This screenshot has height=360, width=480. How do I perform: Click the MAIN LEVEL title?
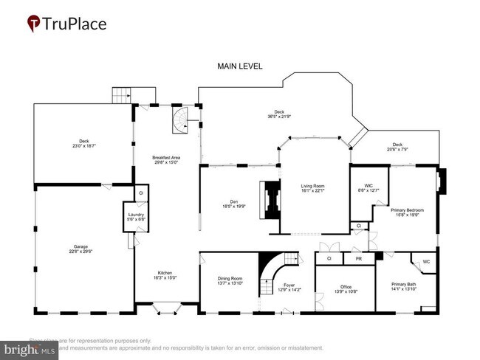point(239,66)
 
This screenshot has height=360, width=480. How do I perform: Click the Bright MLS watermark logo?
point(30,349)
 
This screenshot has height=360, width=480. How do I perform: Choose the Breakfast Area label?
point(166,157)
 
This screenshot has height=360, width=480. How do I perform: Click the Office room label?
point(346,287)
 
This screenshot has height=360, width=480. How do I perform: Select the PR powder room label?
point(358,259)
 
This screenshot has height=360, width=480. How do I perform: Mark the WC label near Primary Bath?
point(426,261)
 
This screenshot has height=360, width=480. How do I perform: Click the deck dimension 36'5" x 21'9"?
point(278,117)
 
